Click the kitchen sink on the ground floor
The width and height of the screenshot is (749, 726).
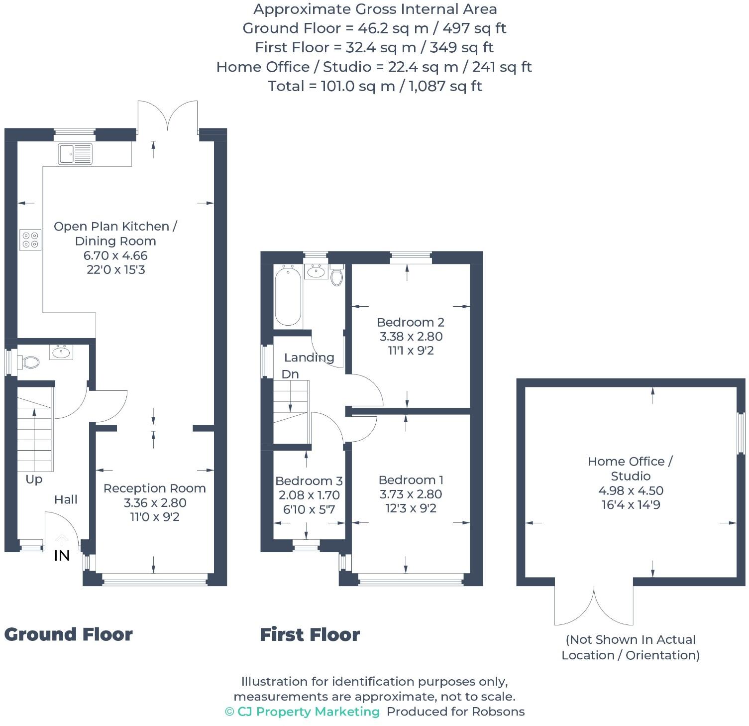tap(75, 154)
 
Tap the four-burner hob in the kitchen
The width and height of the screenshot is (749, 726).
tap(30, 240)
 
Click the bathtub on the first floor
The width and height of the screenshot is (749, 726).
tap(288, 296)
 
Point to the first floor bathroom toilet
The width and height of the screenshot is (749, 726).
tap(337, 275)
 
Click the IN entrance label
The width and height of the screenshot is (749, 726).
tap(62, 556)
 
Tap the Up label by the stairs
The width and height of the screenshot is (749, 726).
tap(34, 480)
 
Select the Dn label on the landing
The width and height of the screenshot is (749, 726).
tap(290, 374)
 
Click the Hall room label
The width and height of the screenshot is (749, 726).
tap(66, 499)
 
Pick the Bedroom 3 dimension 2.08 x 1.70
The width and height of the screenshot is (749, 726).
tap(309, 495)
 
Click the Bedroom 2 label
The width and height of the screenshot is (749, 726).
tap(411, 322)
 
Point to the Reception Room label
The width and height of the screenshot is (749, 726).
tap(155, 488)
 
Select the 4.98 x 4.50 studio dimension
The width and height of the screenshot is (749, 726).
tap(631, 490)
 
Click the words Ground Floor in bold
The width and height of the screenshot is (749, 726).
tap(69, 635)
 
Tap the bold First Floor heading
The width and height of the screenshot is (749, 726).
tap(310, 635)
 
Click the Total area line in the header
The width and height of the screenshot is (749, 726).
tap(375, 86)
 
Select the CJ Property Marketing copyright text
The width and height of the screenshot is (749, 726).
tap(303, 712)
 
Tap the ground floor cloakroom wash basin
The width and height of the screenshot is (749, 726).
tap(61, 352)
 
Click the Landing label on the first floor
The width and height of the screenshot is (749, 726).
tap(309, 358)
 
